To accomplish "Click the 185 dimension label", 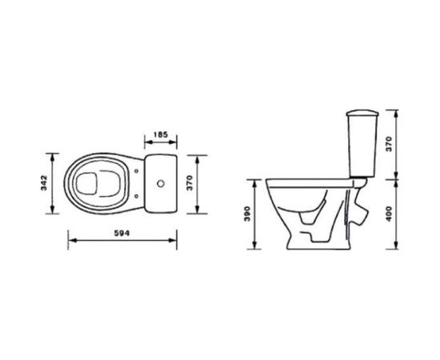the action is coord(161,134).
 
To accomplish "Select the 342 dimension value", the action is coord(44,183).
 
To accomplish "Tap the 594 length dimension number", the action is coord(122,233).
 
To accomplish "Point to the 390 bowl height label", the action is coord(247,214).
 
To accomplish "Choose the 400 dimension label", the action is coord(389,214).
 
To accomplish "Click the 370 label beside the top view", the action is coord(190,183).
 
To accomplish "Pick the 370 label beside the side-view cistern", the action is coord(389,144).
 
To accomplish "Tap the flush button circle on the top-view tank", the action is coord(161,183).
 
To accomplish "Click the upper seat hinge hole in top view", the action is coord(137,171).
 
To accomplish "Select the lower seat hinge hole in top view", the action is coord(137,196).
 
